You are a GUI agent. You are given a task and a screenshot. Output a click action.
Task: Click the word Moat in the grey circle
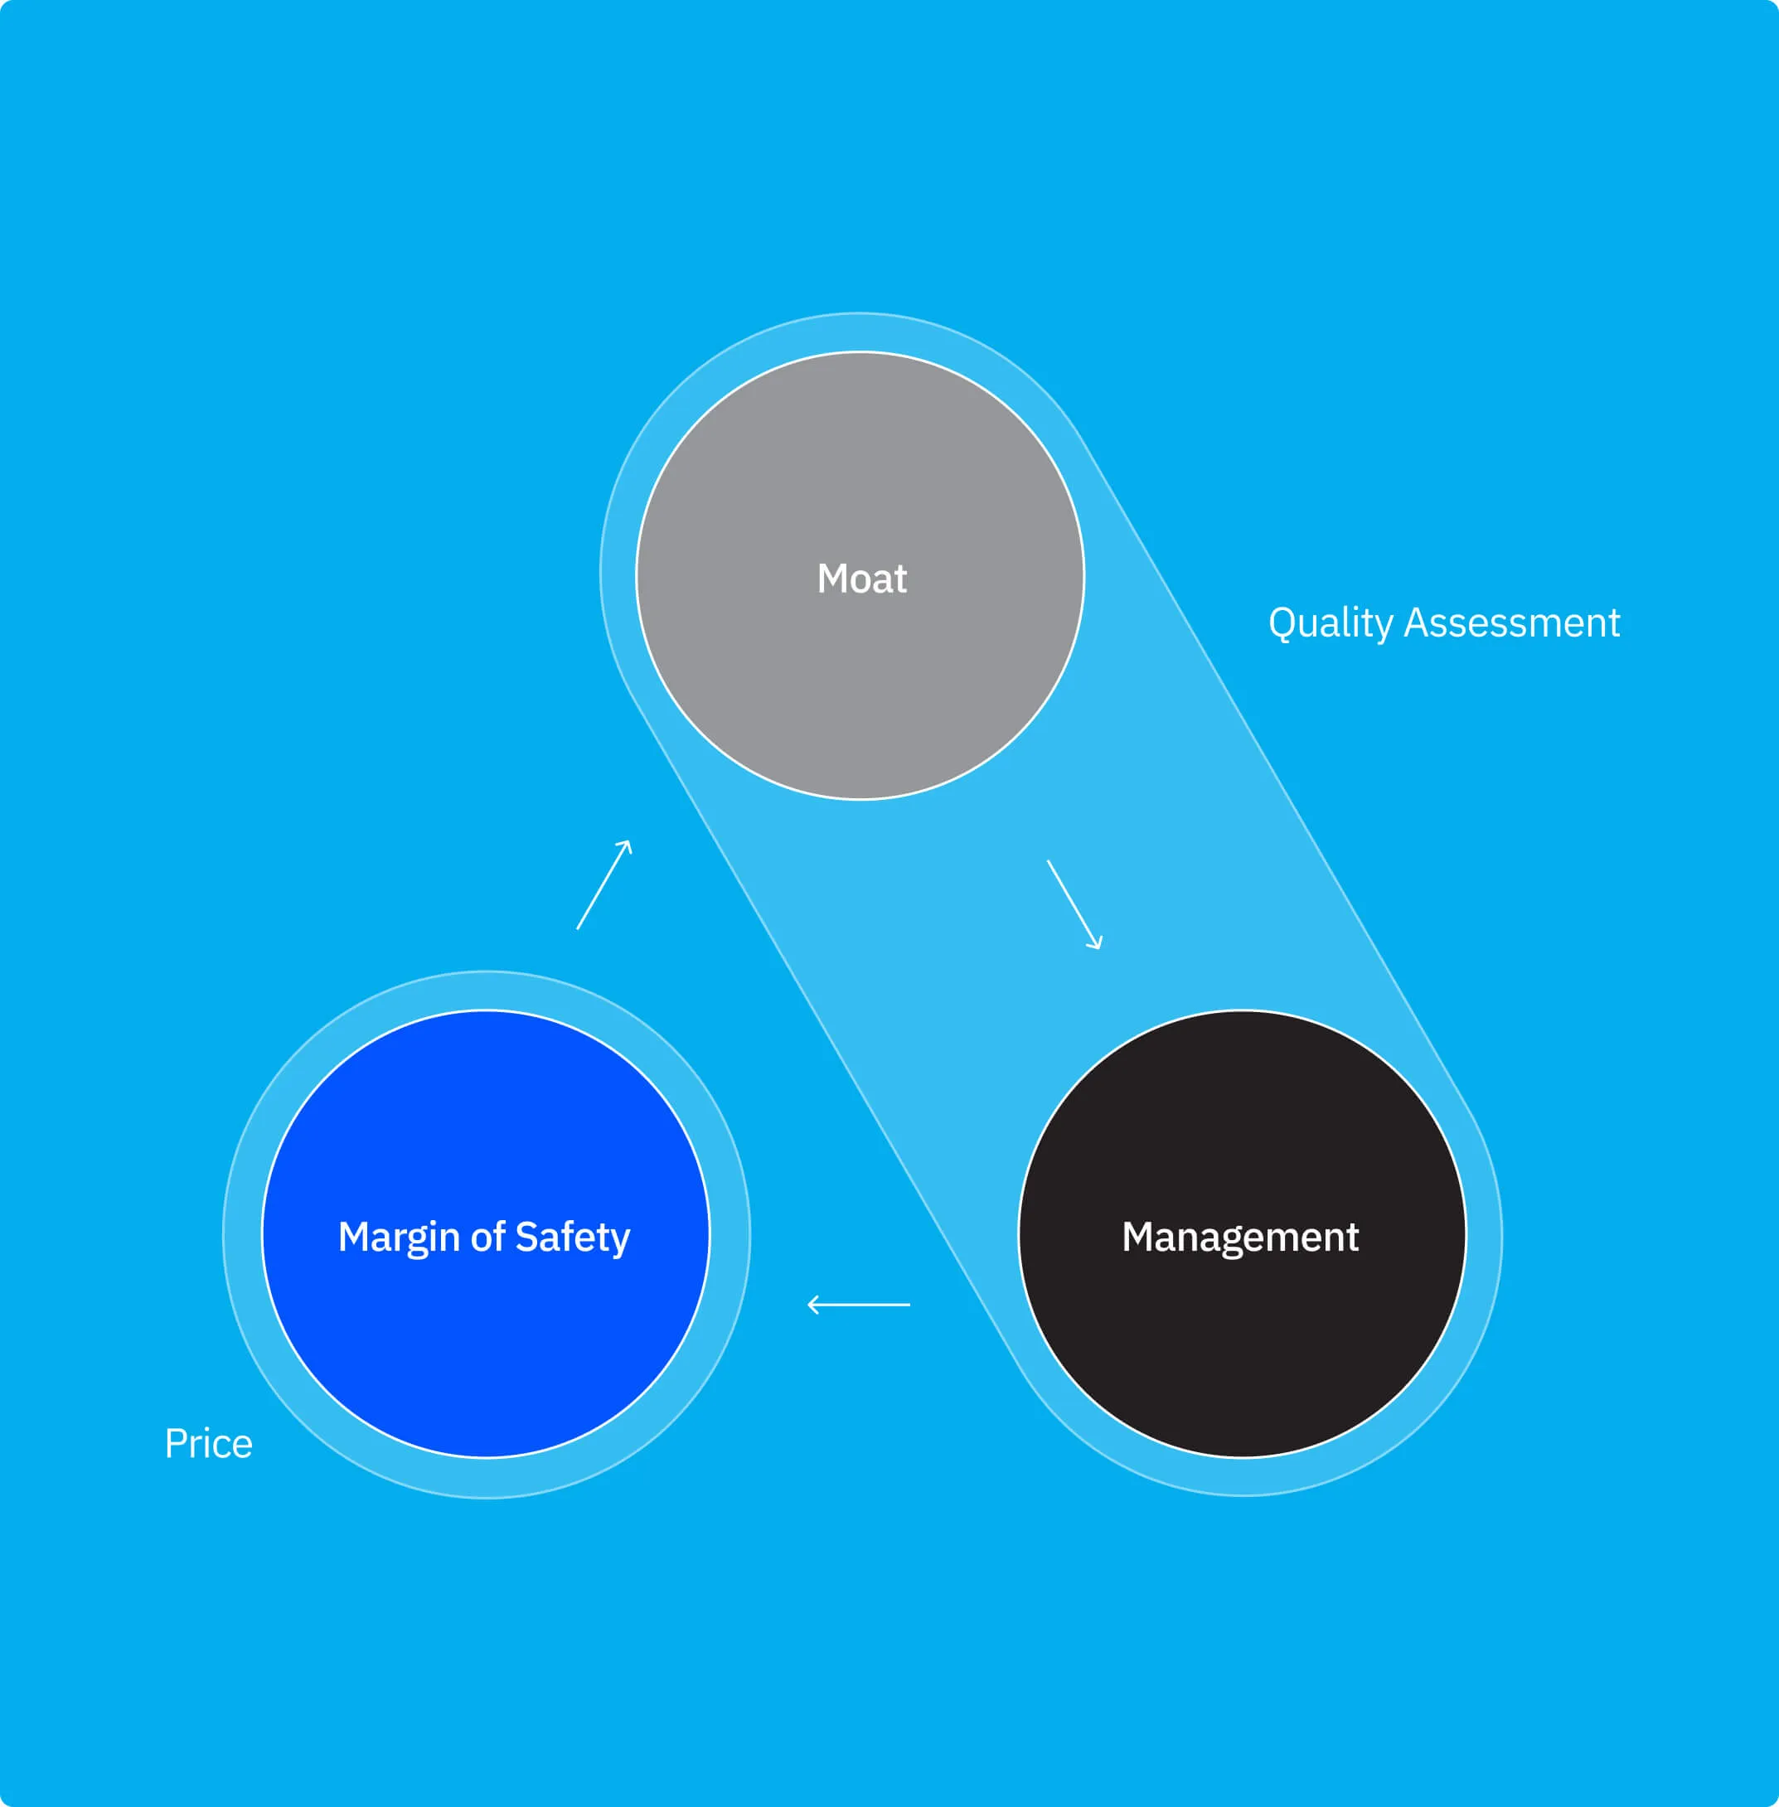pos(861,579)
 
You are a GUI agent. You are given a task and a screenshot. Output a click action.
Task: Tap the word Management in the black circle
pos(1240,1237)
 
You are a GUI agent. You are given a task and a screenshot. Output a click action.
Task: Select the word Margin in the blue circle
pos(398,1237)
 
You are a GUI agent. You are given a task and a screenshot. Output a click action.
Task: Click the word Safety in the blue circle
pos(573,1237)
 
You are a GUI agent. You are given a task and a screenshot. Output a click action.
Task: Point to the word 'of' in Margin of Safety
pos(487,1237)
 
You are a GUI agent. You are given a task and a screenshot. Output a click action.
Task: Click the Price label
pos(208,1444)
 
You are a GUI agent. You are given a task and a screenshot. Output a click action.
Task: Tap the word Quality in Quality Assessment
pos(1330,623)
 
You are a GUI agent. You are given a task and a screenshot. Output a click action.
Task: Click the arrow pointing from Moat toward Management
pos(1074,904)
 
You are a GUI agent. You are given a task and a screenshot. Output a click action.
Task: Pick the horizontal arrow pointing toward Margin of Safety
pos(858,1305)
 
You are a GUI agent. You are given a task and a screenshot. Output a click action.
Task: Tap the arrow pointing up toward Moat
pos(604,884)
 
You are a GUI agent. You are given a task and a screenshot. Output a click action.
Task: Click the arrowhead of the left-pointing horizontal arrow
pos(812,1305)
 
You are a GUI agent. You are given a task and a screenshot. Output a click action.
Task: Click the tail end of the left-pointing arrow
pos(907,1305)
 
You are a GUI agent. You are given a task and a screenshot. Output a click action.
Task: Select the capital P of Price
pos(174,1444)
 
